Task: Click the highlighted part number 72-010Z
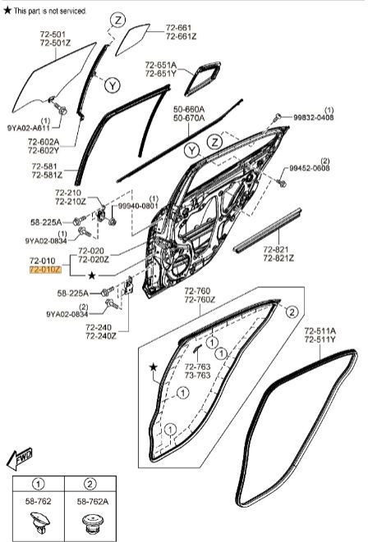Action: click(45, 270)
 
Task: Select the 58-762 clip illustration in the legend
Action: click(39, 522)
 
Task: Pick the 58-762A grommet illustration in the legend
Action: click(93, 523)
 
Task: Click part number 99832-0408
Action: click(314, 117)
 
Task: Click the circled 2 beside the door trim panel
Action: click(292, 312)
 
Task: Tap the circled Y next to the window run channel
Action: click(113, 85)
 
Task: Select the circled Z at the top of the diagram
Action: click(118, 20)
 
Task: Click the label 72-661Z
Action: click(181, 36)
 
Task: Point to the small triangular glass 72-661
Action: click(132, 39)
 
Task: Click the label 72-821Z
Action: click(278, 258)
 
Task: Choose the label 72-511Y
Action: click(320, 339)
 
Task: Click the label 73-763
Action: click(197, 376)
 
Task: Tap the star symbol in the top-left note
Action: click(7, 11)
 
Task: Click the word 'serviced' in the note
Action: click(73, 11)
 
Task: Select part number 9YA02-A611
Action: click(29, 128)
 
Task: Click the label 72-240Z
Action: click(101, 336)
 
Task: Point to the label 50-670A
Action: click(189, 118)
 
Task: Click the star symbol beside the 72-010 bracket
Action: click(92, 276)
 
